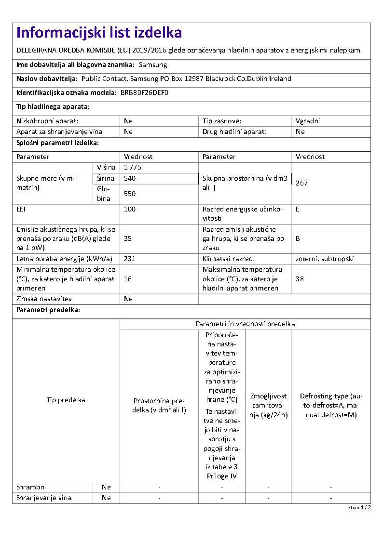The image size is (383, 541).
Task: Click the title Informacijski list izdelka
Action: click(99, 33)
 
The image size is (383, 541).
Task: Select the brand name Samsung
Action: click(152, 65)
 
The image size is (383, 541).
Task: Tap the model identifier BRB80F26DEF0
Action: click(145, 92)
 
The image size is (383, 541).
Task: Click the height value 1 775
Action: click(133, 167)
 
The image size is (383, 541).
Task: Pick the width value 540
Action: click(130, 178)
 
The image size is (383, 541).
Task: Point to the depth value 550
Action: click(130, 194)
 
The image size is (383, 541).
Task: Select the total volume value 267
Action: click(301, 183)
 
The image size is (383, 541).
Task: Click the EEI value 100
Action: click(130, 209)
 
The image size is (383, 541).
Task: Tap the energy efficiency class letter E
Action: click(298, 209)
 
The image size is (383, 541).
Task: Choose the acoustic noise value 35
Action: click(128, 238)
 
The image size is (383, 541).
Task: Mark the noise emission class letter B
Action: click(298, 238)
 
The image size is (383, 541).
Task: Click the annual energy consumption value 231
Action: click(130, 259)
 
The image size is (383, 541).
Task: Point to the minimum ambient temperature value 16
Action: click(128, 279)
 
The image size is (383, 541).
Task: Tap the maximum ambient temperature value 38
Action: click(300, 279)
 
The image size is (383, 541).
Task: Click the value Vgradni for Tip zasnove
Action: click(308, 121)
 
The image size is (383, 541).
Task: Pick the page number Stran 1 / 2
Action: click(359, 507)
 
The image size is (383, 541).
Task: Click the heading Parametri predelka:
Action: click(48, 310)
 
